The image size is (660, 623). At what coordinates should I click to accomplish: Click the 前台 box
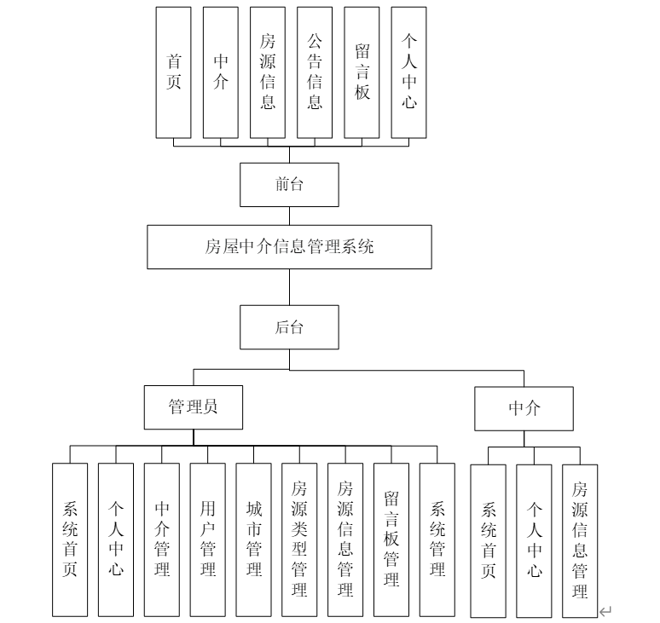tap(289, 184)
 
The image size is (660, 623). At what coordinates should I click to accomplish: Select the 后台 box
tap(289, 327)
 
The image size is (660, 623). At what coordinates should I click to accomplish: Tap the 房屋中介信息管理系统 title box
tap(289, 247)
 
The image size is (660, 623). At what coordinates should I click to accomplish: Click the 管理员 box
tap(193, 407)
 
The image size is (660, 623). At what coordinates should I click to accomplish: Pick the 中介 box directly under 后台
tap(524, 408)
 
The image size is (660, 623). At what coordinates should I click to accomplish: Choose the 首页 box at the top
tap(174, 72)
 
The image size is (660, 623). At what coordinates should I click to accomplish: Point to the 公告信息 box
tap(315, 72)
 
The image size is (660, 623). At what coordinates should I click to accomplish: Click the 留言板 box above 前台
tap(362, 72)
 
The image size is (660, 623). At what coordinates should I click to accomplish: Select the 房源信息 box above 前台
tap(268, 72)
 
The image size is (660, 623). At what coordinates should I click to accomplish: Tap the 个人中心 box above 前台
tap(409, 72)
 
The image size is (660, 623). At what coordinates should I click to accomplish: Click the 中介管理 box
tap(162, 539)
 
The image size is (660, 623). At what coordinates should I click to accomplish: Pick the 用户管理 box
tap(208, 539)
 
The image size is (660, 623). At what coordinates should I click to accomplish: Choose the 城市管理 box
tap(254, 539)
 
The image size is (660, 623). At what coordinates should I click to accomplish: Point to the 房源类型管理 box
tap(299, 539)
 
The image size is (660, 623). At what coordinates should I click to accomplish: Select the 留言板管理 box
tap(391, 539)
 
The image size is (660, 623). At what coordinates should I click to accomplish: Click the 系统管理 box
tap(437, 539)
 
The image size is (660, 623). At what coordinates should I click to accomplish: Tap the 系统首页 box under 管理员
tap(70, 539)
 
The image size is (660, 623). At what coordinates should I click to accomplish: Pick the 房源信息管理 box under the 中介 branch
tap(580, 540)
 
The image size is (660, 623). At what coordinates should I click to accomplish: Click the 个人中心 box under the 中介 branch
tap(534, 540)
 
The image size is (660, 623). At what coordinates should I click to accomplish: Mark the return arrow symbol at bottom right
tap(606, 610)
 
